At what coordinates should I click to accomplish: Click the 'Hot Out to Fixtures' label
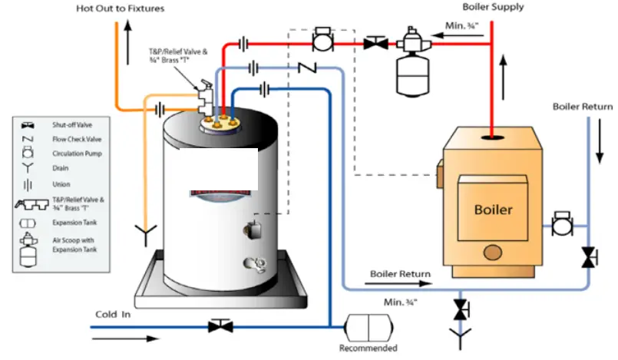pyautogui.click(x=120, y=8)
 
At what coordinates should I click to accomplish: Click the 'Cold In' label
pyautogui.click(x=112, y=314)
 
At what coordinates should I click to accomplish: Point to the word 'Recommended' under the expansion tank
pyautogui.click(x=368, y=348)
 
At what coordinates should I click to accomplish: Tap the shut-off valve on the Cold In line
pyautogui.click(x=220, y=326)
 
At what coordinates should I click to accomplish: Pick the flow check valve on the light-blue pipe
pyautogui.click(x=307, y=69)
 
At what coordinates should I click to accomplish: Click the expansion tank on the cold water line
pyautogui.click(x=368, y=326)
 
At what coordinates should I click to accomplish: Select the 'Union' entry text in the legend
pyautogui.click(x=61, y=184)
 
